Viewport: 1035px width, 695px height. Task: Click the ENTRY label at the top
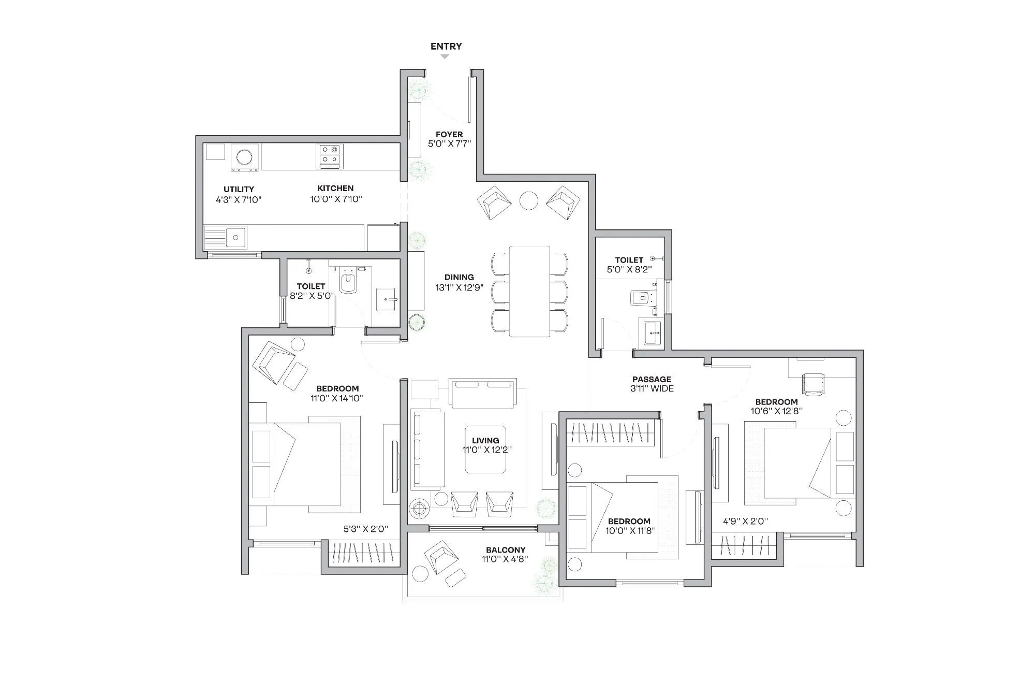(x=446, y=47)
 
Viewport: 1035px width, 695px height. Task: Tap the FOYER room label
(x=449, y=135)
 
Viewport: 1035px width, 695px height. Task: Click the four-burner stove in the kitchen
(x=330, y=156)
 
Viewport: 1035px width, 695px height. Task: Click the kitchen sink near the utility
(x=235, y=238)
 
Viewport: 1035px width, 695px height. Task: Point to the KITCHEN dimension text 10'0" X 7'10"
(x=336, y=199)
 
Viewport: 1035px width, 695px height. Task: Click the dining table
(x=529, y=292)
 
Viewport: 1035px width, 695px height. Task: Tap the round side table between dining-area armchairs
(x=528, y=200)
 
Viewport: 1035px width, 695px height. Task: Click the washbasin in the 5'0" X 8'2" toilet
(x=651, y=332)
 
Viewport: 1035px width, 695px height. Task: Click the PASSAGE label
(x=652, y=380)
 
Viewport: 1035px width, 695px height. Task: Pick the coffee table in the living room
(x=485, y=449)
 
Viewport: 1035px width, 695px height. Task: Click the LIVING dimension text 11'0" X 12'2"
(x=487, y=450)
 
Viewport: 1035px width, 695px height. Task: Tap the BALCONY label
(x=506, y=550)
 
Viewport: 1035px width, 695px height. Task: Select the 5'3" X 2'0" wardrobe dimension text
(x=366, y=529)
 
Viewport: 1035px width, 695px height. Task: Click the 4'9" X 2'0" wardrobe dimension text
(x=745, y=522)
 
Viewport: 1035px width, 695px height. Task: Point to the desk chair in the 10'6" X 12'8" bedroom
(x=812, y=384)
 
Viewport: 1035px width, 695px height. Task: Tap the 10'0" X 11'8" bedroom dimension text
(x=630, y=531)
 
